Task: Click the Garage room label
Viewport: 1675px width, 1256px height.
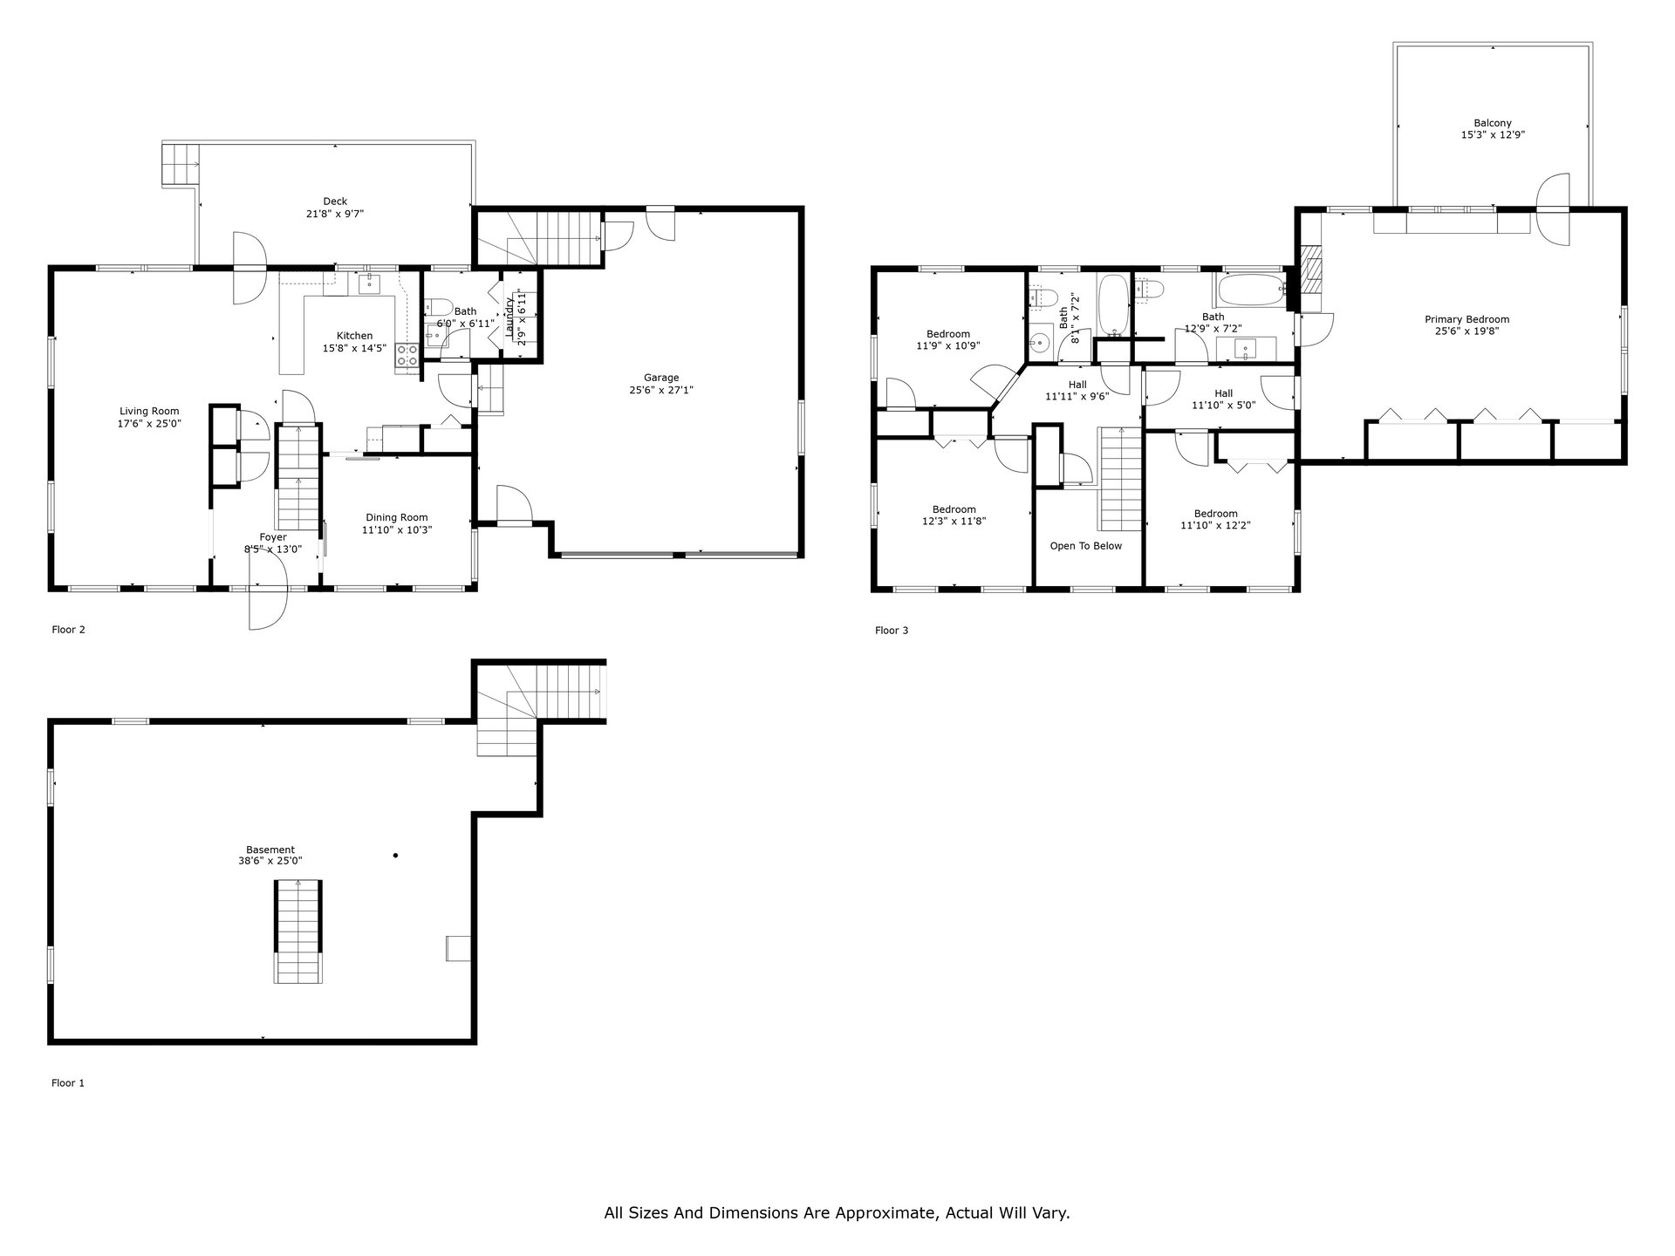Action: click(661, 378)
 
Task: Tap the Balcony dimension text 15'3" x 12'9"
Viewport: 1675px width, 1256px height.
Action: click(1493, 135)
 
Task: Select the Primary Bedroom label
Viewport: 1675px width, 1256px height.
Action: click(1466, 319)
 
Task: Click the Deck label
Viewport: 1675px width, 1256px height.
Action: click(335, 201)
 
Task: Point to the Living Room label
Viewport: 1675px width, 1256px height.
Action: click(149, 412)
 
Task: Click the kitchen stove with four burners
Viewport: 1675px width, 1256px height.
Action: click(407, 353)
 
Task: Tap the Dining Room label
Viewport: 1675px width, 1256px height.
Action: click(397, 518)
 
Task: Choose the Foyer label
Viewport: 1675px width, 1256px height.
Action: click(273, 537)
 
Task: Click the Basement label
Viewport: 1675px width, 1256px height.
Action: click(270, 850)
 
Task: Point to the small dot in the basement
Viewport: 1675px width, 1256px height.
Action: click(395, 856)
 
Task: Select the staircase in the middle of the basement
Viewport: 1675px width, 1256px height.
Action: click(298, 932)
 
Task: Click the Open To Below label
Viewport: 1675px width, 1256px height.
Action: click(1086, 546)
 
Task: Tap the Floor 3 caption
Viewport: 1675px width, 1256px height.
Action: click(892, 631)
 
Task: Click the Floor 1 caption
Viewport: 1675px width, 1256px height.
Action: click(68, 1083)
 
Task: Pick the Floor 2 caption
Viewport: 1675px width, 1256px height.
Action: click(68, 630)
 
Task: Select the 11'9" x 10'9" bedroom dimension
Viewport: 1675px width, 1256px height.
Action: click(948, 345)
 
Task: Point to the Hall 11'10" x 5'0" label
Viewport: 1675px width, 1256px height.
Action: click(1223, 399)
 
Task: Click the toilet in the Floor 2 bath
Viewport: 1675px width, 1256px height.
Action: click(438, 307)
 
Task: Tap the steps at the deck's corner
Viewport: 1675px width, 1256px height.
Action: click(181, 164)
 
